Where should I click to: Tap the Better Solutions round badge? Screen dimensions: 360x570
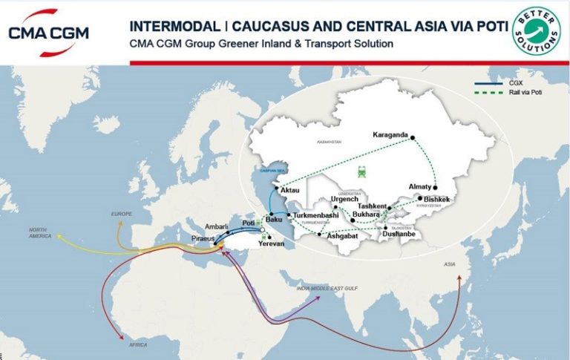[537, 33]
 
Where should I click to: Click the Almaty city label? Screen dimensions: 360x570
[419, 187]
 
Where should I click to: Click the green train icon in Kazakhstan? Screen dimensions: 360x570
[361, 172]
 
